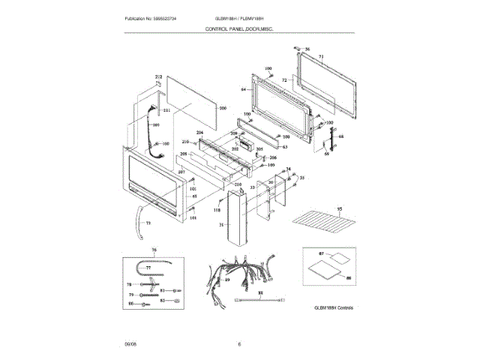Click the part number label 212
158,77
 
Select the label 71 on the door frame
320,57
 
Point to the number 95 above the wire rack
339,208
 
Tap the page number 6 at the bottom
239,344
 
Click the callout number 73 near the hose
148,223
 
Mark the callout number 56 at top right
307,48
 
